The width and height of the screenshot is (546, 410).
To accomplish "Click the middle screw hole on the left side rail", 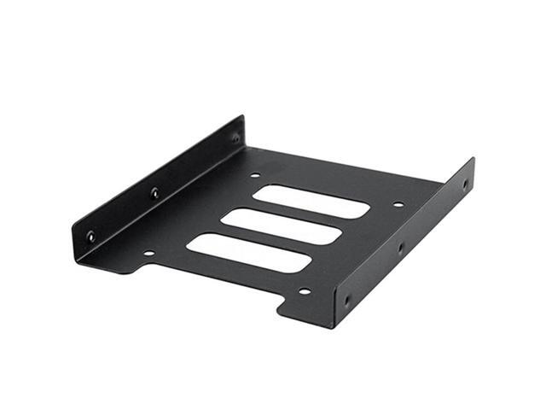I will coord(154,193).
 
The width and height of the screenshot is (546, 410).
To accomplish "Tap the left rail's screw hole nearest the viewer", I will coord(91,237).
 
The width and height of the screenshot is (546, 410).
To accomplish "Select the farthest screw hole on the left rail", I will coord(235,137).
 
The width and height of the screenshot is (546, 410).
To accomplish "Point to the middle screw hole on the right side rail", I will coord(400,249).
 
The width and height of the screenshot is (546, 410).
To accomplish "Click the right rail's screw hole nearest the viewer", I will coord(346,300).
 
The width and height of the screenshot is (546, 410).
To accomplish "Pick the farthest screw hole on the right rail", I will coord(465,184).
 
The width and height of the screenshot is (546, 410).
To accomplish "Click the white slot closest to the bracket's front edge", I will coord(247,253).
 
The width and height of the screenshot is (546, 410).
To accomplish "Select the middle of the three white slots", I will coord(281,225).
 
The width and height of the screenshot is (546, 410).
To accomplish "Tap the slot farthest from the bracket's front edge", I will coord(311,201).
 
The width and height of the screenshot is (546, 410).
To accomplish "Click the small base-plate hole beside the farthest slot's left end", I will coord(255,177).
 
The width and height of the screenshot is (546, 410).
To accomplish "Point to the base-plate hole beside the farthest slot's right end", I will coord(398,204).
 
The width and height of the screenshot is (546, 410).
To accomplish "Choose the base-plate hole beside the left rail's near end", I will coord(148,253).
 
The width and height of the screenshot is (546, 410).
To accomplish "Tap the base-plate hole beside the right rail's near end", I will coord(305,291).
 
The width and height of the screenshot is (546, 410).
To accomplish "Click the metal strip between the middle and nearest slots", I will coord(264,239).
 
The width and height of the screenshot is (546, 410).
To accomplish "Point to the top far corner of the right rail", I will coord(472,159).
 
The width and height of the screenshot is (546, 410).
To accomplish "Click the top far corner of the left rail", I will coord(241,116).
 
